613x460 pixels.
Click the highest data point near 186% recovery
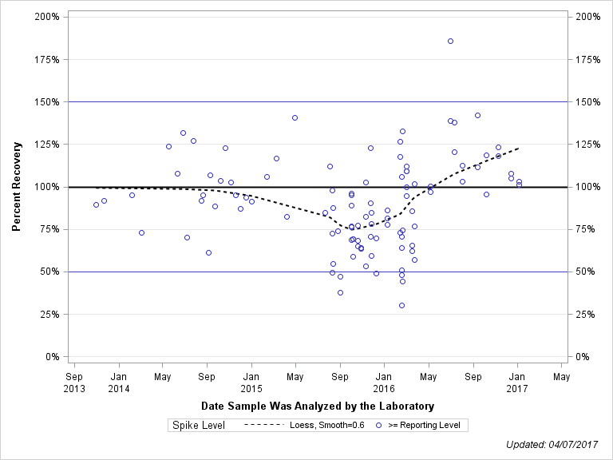(450, 41)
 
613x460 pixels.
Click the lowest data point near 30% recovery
(401, 305)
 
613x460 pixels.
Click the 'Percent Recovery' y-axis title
(16, 186)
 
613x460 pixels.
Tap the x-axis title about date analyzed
(318, 406)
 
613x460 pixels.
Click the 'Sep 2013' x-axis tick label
(74, 382)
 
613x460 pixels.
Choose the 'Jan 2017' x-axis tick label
(517, 382)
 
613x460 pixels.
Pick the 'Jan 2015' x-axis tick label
(251, 382)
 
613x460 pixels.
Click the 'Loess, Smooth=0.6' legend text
(327, 425)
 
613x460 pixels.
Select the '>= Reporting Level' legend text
(424, 425)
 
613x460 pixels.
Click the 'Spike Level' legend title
(199, 425)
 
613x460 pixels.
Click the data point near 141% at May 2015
(295, 117)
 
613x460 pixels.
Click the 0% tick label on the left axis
(54, 356)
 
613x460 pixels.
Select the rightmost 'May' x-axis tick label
(561, 376)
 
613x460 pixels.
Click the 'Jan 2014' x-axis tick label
(119, 382)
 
